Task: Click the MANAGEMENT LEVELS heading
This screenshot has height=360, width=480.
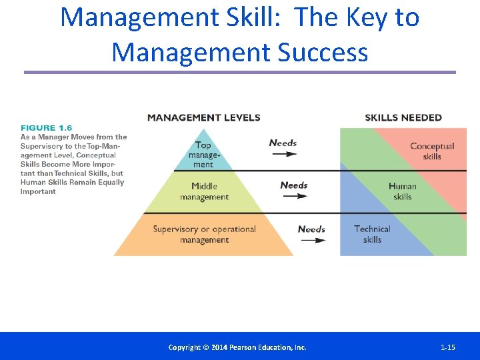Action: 203,118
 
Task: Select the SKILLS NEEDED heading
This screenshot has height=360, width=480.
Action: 403,118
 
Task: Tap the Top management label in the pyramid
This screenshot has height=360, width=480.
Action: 203,155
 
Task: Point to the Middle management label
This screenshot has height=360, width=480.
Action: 204,191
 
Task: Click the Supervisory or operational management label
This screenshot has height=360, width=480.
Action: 204,234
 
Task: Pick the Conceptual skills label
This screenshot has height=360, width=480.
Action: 431,151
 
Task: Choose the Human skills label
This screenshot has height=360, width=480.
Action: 402,191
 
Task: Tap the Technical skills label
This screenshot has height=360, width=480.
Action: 372,234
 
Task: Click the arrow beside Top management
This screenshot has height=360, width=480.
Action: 283,154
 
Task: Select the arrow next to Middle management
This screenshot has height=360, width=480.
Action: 294,196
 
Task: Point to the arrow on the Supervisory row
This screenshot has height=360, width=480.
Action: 311,239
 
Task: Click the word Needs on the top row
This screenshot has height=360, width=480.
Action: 283,143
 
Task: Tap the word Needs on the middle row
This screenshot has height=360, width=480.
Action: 294,185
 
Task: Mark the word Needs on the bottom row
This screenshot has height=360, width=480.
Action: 311,229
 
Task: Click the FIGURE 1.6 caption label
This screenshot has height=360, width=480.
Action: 47,128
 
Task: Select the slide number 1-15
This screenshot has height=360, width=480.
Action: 448,347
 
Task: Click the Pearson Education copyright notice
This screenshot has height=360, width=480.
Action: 237,347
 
